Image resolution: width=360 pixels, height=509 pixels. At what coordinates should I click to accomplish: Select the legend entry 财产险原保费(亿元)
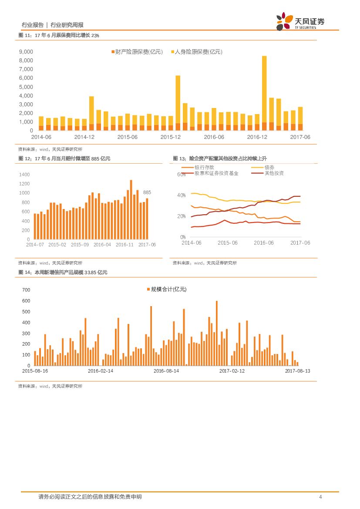click(x=137, y=52)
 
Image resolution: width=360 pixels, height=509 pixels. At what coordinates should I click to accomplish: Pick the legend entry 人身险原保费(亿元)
click(x=195, y=52)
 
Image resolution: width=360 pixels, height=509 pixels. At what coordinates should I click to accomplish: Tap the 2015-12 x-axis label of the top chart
click(x=171, y=137)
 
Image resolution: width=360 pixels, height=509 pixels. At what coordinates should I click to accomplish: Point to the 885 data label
click(x=147, y=192)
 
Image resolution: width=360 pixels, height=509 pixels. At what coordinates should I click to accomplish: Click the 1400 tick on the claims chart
click(x=24, y=174)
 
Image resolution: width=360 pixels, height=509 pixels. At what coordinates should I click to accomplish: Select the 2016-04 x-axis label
click(x=102, y=245)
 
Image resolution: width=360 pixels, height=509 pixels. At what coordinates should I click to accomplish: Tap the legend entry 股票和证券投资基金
click(x=210, y=173)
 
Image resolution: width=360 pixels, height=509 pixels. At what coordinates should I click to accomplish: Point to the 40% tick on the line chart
click(x=181, y=195)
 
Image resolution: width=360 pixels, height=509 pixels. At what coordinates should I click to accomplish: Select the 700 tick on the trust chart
click(x=26, y=290)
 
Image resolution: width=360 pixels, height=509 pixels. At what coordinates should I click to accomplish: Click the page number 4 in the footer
click(x=320, y=497)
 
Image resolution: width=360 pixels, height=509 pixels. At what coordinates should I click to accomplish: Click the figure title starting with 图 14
click(x=63, y=272)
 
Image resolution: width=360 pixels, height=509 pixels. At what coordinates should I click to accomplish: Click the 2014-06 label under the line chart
click(x=192, y=243)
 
